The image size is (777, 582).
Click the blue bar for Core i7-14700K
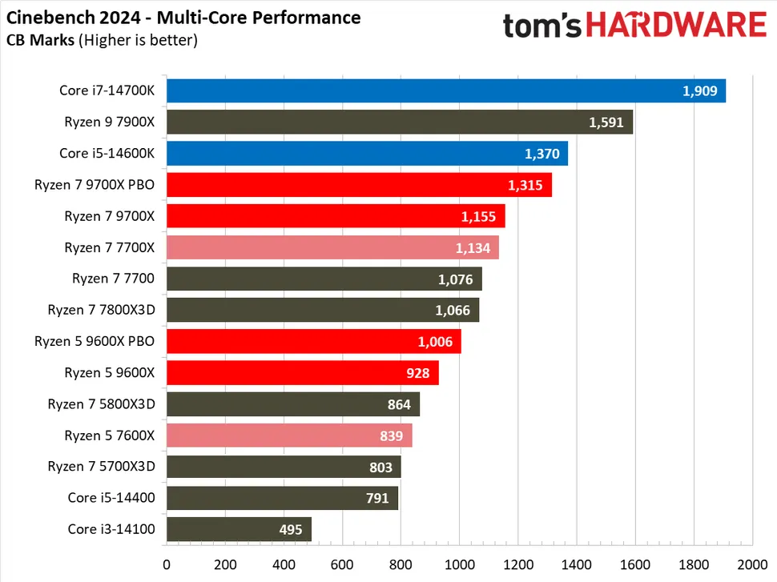[445, 90]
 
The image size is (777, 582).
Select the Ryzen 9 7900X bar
[399, 122]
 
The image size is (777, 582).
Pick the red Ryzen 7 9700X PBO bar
[359, 185]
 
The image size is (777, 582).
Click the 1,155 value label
[478, 216]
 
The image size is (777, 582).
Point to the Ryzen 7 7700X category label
[109, 247]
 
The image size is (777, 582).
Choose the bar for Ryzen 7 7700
[324, 279]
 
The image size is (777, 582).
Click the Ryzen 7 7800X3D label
[100, 310]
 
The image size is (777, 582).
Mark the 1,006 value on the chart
[435, 342]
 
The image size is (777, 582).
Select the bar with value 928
[302, 373]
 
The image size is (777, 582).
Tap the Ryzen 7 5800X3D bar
[292, 404]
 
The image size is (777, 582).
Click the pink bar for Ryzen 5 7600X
[288, 435]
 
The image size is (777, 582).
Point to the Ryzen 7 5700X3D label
[100, 467]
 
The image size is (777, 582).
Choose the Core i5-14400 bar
[282, 498]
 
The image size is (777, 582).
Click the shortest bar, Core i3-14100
[239, 529]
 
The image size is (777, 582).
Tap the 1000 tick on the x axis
[459, 562]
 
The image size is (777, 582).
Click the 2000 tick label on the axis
[751, 562]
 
